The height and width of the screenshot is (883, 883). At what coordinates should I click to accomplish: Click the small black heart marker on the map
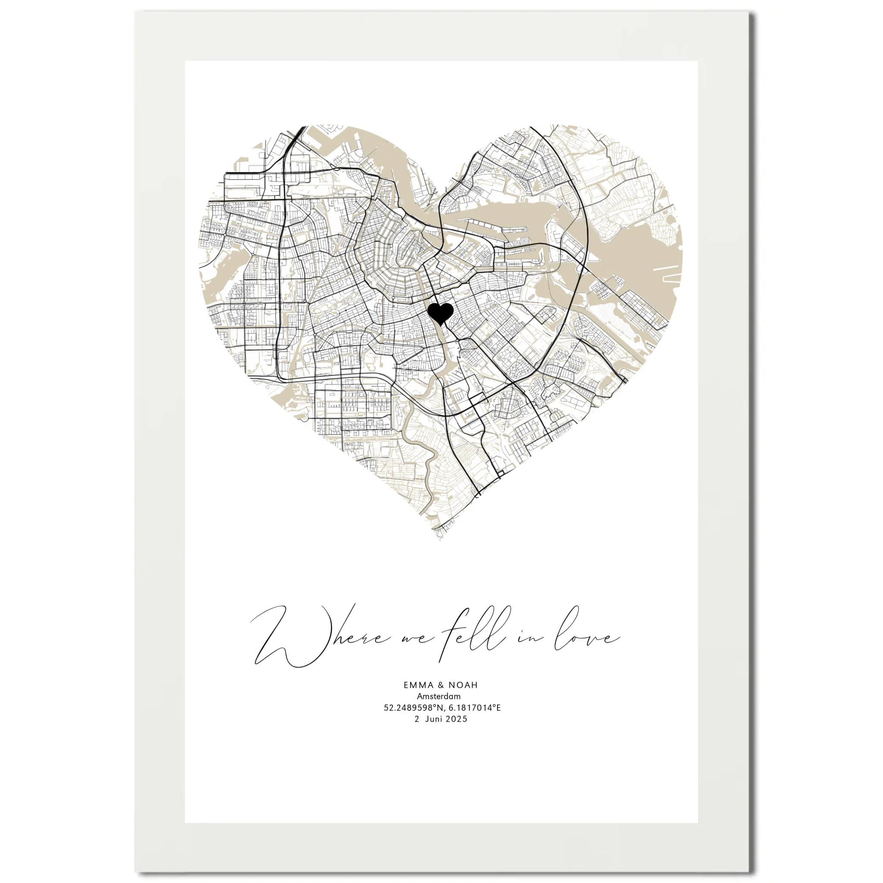pyautogui.click(x=440, y=313)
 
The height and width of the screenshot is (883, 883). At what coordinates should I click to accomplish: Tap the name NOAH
pyautogui.click(x=463, y=698)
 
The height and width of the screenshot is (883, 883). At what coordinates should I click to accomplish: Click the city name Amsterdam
pyautogui.click(x=439, y=709)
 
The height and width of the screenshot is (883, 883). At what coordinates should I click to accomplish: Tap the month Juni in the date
pyautogui.click(x=434, y=732)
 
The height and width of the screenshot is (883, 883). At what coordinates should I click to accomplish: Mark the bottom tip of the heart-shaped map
pyautogui.click(x=440, y=539)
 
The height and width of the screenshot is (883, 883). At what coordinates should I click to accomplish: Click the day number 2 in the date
pyautogui.click(x=417, y=732)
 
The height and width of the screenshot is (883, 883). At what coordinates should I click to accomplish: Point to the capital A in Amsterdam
pyautogui.click(x=420, y=709)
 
